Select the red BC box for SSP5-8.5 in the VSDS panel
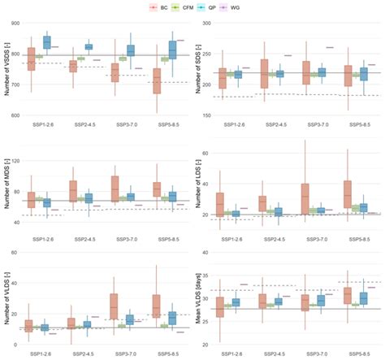click(x=156, y=80)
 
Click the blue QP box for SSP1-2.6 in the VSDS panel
click(x=46, y=41)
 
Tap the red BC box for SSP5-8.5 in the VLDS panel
click(x=156, y=306)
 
